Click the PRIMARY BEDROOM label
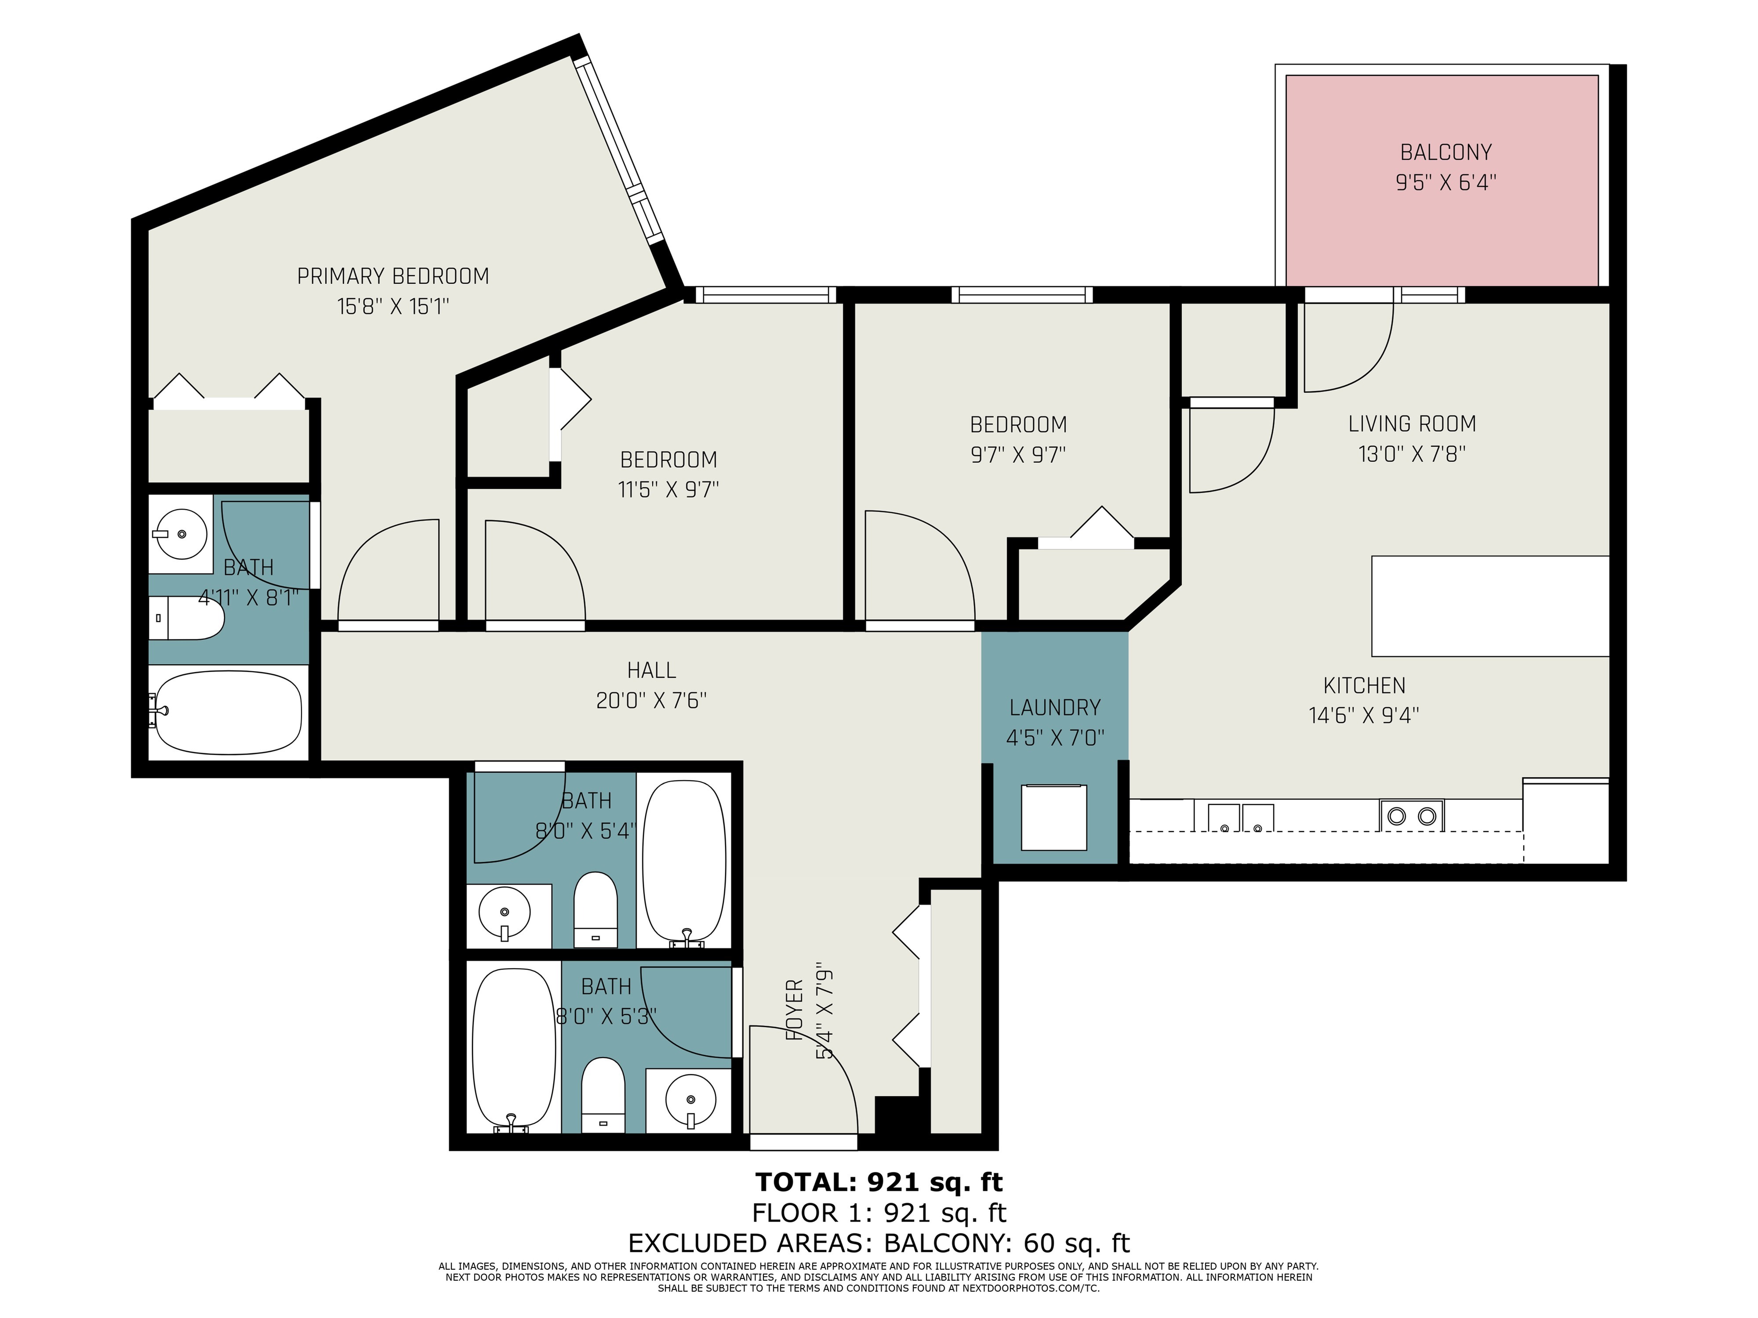pyautogui.click(x=392, y=276)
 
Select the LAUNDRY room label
pyautogui.click(x=1055, y=707)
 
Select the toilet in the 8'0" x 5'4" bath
pyautogui.click(x=595, y=910)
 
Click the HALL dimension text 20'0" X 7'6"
pyautogui.click(x=651, y=701)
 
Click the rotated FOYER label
pyautogui.click(x=795, y=1010)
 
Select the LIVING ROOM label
pyautogui.click(x=1412, y=424)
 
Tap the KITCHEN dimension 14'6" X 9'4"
pyautogui.click(x=1364, y=716)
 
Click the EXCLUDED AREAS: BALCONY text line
pyautogui.click(x=878, y=1242)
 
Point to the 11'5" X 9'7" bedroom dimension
pyautogui.click(x=668, y=489)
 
